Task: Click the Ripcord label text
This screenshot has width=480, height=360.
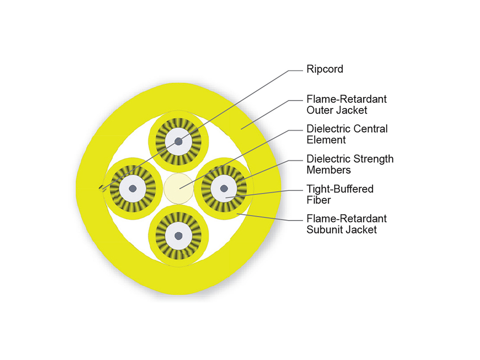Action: (x=324, y=69)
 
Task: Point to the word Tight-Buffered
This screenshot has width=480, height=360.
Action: (x=340, y=189)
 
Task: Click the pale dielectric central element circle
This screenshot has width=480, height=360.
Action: (x=178, y=188)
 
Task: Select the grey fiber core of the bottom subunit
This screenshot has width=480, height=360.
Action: (x=178, y=236)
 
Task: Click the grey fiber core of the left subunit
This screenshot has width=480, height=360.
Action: (x=132, y=188)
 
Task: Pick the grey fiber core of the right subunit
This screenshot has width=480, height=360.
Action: (x=225, y=188)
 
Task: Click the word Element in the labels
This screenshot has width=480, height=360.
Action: (x=326, y=140)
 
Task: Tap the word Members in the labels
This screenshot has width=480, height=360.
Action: (x=328, y=170)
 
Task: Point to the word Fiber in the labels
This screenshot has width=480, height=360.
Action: (x=318, y=200)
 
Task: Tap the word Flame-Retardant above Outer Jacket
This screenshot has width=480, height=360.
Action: (x=346, y=99)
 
